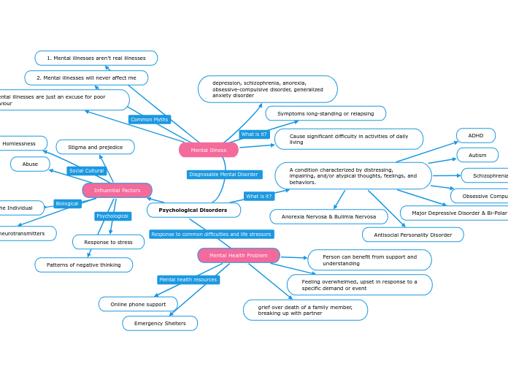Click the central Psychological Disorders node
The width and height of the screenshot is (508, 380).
193,210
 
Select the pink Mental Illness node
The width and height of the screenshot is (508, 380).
209,150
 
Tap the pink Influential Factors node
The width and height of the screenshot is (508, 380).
117,191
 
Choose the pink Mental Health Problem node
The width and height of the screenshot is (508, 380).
239,256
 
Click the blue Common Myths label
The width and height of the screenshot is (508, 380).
150,119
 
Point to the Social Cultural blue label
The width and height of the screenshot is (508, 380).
87,171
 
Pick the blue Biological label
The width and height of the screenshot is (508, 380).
67,204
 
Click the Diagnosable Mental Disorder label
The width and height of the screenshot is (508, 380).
224,175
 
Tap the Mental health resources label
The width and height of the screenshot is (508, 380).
188,280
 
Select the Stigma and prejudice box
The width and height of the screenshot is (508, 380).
96,148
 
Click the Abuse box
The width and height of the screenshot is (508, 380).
30,164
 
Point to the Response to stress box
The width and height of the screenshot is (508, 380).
109,242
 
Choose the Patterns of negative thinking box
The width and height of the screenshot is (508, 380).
84,265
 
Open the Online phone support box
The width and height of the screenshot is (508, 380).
138,304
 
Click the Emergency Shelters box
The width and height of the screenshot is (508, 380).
160,324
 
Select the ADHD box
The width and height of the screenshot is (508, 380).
476,136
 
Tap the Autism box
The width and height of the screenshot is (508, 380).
477,155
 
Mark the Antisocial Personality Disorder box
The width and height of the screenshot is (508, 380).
413,235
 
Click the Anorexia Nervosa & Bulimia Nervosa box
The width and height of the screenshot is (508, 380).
329,217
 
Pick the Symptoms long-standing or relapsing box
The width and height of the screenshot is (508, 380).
326,113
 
